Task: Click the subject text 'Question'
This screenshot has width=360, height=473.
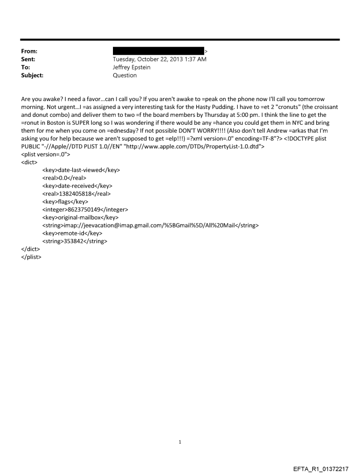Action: pos(125,75)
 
